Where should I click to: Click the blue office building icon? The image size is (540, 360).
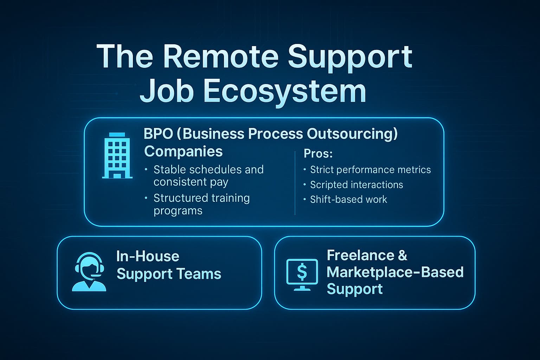[x=117, y=156]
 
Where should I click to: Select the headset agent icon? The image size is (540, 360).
[x=89, y=272]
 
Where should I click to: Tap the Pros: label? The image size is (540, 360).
[x=318, y=154]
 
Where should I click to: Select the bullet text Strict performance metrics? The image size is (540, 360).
[x=370, y=170]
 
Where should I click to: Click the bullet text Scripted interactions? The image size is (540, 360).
[x=356, y=185]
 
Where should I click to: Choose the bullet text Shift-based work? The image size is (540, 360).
[x=348, y=199]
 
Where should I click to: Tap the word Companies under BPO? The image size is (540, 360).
[x=183, y=152]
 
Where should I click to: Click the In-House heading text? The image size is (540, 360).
[x=148, y=256]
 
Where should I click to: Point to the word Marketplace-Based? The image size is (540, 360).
[x=395, y=272]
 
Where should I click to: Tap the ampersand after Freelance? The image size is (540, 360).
[x=403, y=255]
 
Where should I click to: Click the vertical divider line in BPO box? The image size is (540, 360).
[x=295, y=183]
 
